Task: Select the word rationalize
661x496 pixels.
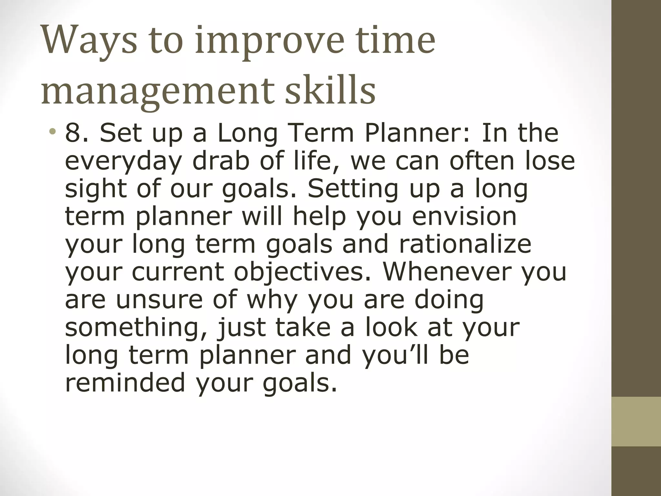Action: [465, 244]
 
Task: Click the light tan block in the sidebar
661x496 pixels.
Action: [636, 421]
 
